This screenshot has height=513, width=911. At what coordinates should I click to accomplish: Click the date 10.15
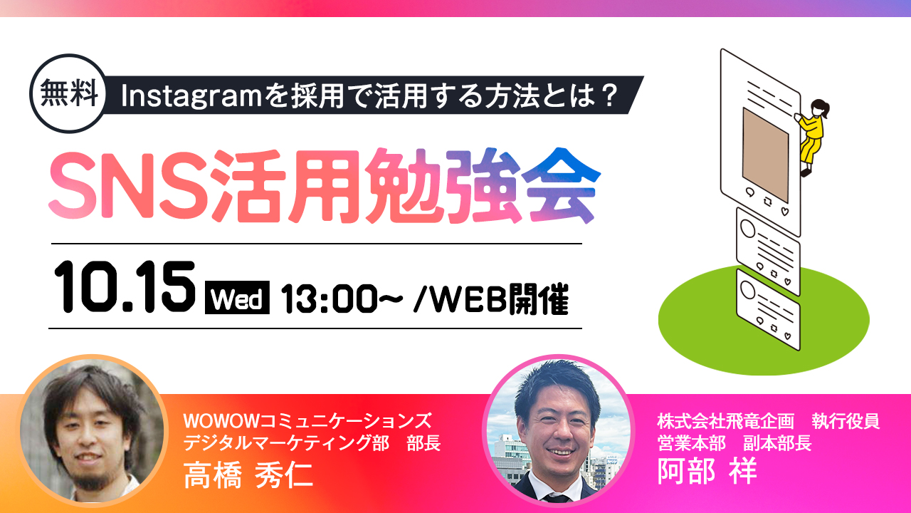pos(125,287)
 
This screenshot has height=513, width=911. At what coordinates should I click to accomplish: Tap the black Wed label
pos(237,298)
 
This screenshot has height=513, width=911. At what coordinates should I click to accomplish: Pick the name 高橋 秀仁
pos(248,475)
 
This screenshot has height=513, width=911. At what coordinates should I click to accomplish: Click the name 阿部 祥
pos(707,471)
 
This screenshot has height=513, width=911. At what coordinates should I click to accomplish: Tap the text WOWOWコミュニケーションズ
pos(307,421)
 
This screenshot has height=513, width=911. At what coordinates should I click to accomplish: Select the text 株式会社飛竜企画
pos(725,421)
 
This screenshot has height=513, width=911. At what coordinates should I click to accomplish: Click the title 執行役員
pos(846,421)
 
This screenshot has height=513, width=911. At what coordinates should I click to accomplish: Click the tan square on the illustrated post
pos(765,155)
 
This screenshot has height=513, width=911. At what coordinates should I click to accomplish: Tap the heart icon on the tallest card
pos(785,212)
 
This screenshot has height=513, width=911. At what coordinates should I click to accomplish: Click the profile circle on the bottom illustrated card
pos(747,289)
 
